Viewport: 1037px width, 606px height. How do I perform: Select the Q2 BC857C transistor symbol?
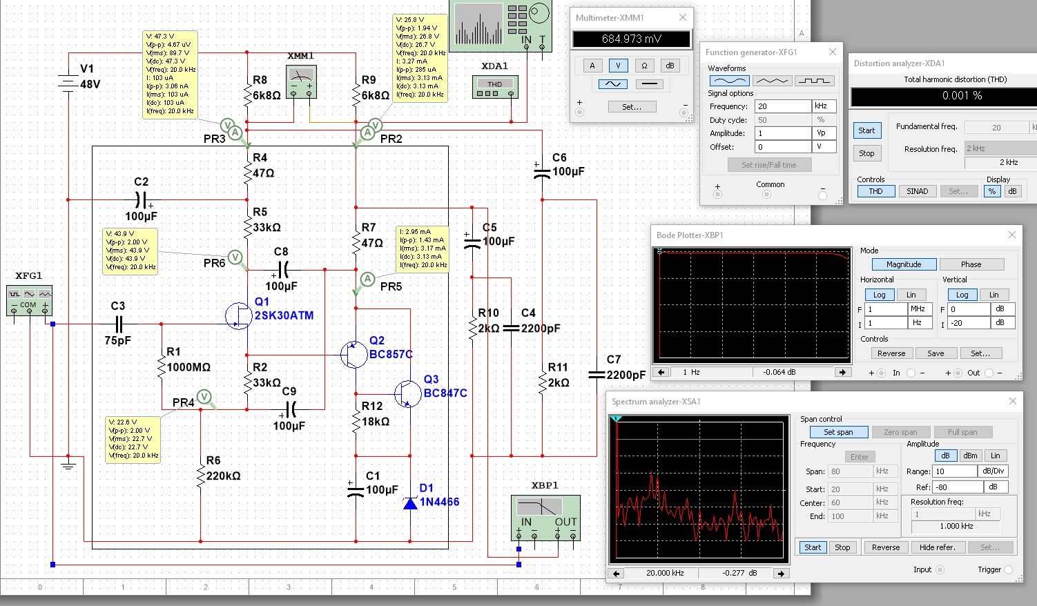[353, 355]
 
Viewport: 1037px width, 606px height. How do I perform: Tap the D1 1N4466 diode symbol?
[410, 503]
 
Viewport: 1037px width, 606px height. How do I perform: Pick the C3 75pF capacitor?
[119, 324]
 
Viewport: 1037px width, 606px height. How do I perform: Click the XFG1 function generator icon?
[29, 302]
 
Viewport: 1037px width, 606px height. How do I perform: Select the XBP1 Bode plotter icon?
[545, 515]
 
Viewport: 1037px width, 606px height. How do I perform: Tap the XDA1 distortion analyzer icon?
[495, 87]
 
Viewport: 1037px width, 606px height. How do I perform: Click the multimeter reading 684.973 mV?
[631, 39]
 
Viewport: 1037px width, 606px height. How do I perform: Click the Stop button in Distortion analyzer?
[866, 153]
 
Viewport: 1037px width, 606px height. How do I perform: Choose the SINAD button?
[917, 191]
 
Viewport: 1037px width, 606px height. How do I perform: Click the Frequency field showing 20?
[783, 106]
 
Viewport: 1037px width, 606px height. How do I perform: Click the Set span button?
[838, 432]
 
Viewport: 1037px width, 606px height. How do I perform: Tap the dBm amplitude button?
[970, 456]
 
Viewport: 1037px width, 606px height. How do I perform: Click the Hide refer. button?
[937, 547]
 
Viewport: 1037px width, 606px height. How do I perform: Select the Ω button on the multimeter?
[644, 66]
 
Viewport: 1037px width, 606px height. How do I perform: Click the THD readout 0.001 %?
[943, 96]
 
